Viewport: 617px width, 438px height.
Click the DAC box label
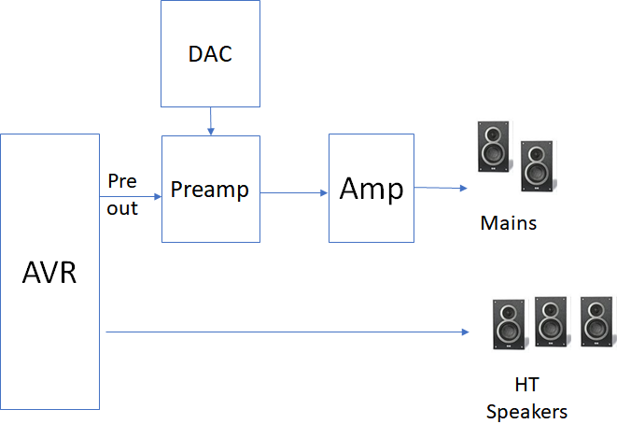[x=210, y=54]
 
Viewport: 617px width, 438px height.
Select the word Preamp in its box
[x=210, y=191]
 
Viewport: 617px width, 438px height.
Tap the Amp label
[x=372, y=189]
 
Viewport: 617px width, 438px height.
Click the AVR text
[x=49, y=274]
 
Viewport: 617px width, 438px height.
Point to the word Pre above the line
[x=121, y=180]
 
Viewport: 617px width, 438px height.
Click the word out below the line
[x=121, y=208]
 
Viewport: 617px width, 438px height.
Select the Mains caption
[x=509, y=224]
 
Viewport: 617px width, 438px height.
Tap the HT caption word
[x=526, y=385]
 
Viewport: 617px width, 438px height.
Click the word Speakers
[x=526, y=412]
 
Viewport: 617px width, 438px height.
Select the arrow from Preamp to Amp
[x=294, y=193]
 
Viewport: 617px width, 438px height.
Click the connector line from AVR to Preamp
[x=131, y=196]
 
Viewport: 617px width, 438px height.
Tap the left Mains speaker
[x=494, y=147]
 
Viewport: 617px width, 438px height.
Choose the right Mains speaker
[x=537, y=166]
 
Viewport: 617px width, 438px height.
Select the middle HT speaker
[x=551, y=320]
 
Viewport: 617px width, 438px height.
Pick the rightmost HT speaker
[x=596, y=322]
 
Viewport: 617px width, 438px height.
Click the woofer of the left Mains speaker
[x=493, y=153]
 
